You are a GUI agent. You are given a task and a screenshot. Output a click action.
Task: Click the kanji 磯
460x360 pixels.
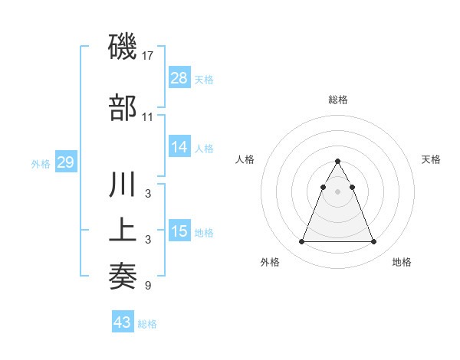pos(123,47)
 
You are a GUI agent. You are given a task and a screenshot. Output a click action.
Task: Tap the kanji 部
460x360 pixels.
pos(123,108)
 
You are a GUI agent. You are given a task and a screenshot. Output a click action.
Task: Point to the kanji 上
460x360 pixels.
pos(123,231)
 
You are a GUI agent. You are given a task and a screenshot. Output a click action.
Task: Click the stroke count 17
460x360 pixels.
pos(148,56)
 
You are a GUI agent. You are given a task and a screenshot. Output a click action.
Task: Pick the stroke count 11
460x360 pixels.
pos(148,117)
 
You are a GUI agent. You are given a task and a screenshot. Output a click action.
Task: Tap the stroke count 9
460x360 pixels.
pos(148,286)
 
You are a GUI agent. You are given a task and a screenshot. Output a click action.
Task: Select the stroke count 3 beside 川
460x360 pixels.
pos(148,194)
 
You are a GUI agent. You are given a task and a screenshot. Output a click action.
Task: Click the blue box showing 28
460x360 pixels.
pos(179,78)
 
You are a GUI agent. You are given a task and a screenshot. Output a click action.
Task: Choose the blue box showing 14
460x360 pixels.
pos(179,148)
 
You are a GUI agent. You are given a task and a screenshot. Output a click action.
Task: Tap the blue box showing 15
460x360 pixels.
pos(179,231)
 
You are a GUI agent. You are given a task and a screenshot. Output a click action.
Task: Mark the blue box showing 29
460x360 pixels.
pos(66,162)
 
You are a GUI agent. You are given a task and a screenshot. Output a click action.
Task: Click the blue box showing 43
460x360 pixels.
pos(123,322)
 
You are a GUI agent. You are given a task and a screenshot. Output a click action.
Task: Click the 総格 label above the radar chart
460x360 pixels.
pos(338,100)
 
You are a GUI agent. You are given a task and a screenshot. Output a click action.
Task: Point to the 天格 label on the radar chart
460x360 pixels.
pos(432,159)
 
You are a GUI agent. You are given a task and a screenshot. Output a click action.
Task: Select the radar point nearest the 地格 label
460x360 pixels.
pos(374,242)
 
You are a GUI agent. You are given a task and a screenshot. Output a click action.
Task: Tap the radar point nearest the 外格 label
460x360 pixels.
pos(301,242)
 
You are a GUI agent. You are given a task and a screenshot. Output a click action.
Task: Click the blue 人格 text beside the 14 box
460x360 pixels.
pos(204,149)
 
